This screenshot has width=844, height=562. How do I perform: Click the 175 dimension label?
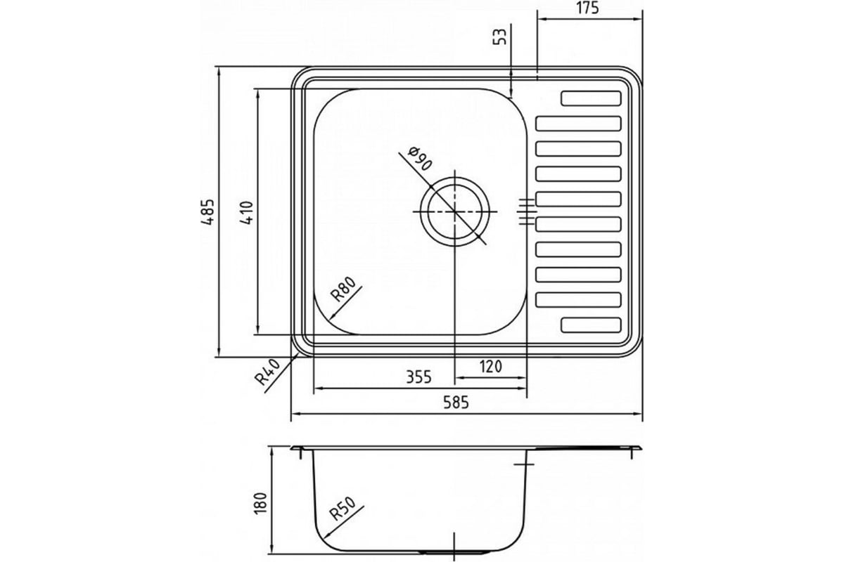coord(587,8)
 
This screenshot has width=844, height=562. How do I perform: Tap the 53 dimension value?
coord(500,37)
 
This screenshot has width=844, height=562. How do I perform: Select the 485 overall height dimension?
coord(207,212)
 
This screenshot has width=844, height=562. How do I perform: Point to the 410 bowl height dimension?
coord(246,213)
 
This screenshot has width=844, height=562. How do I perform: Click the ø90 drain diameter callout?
coord(420,159)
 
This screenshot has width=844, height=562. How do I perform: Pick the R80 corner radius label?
coord(343,289)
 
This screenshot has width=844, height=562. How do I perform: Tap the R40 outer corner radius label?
coord(268,372)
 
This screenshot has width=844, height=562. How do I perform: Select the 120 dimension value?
coord(491,366)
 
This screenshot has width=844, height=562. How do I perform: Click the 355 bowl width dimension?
coord(418,377)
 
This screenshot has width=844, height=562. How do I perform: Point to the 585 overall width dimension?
coord(456,403)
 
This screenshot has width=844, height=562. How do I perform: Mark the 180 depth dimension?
coord(260,503)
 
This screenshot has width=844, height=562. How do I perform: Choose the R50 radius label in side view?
coord(342,509)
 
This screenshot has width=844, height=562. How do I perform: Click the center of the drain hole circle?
coord(455,211)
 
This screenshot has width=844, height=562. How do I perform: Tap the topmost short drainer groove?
coord(591,98)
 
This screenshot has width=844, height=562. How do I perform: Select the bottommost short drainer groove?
coord(591,325)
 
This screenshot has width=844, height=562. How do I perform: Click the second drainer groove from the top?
coord(578,124)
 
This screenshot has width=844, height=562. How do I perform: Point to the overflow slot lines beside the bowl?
coord(526,212)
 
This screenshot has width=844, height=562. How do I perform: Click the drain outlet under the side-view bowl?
coord(454,553)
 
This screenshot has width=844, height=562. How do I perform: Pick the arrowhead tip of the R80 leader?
coord(330,320)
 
